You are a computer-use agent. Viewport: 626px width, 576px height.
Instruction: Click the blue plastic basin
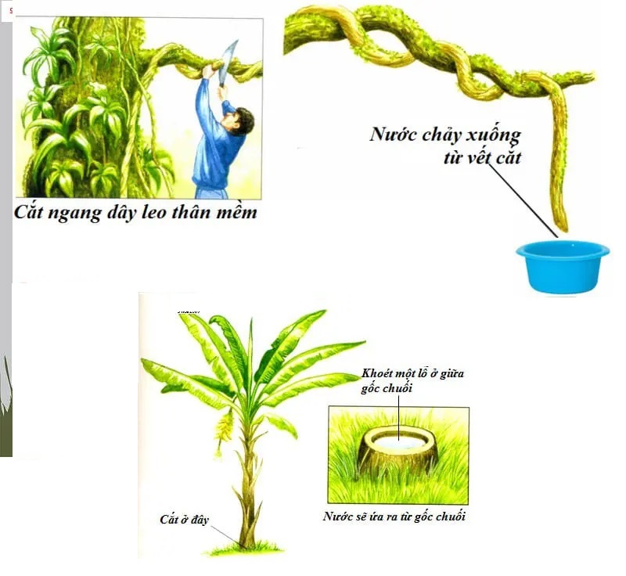(x=563, y=266)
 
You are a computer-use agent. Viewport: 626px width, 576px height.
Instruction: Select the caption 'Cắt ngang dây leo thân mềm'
(x=135, y=211)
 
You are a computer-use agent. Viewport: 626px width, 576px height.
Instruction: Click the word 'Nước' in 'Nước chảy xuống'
(x=393, y=134)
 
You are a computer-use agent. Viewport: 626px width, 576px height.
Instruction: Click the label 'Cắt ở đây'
(x=185, y=520)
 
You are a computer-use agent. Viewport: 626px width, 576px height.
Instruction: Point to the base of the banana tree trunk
(x=249, y=540)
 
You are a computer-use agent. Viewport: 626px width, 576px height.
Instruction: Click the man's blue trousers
(x=210, y=188)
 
